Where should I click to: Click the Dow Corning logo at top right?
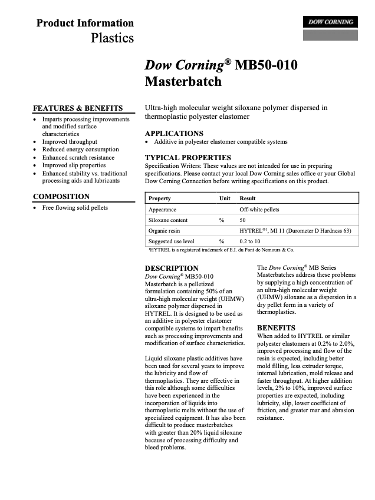[x=331, y=22]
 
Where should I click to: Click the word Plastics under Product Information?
[x=112, y=38]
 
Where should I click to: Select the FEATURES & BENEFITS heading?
[x=78, y=108]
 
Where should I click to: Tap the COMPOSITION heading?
[x=61, y=196]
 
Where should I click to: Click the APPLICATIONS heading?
[x=174, y=133]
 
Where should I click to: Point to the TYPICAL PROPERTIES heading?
[x=188, y=158]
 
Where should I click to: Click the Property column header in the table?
[x=160, y=198]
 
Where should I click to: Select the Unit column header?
[x=225, y=198]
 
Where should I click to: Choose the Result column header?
[x=248, y=198]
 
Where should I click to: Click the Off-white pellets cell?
[x=259, y=209]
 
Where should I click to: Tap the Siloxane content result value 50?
[x=243, y=220]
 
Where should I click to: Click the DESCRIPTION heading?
[x=172, y=268]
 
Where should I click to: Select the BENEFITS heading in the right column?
[x=277, y=327]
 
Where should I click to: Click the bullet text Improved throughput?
[x=70, y=142]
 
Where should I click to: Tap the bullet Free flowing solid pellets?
[x=75, y=208]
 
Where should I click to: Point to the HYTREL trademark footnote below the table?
[x=222, y=250]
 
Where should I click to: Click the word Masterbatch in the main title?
[x=183, y=81]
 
